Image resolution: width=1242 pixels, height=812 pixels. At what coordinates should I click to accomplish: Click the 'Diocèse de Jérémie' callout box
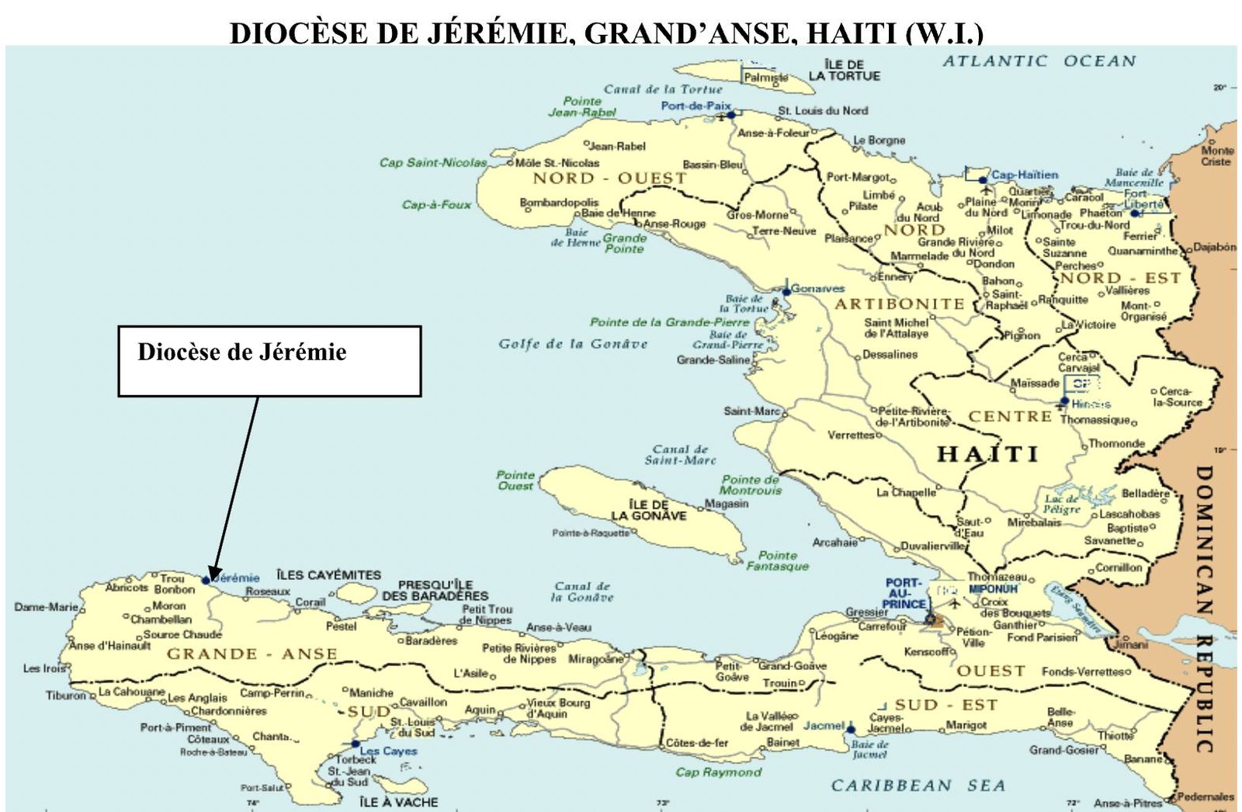click(x=269, y=361)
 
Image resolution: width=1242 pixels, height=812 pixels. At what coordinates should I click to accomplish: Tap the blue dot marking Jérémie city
click(x=206, y=580)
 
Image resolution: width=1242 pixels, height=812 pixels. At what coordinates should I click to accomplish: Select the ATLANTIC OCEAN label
click(x=1039, y=61)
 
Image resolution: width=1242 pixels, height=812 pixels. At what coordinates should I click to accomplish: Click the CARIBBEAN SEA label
click(x=918, y=786)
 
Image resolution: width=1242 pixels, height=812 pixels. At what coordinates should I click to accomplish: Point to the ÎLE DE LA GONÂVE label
click(x=648, y=510)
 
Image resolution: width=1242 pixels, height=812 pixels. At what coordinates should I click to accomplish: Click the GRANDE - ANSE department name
click(x=252, y=654)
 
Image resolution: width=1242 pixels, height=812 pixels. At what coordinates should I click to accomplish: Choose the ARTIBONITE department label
click(x=900, y=304)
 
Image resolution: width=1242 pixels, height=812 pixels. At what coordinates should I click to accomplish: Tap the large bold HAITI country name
click(x=987, y=454)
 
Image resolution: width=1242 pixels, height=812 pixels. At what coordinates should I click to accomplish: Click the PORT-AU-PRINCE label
click(x=905, y=593)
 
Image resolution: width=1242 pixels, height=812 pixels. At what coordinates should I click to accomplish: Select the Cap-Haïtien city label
click(x=1025, y=175)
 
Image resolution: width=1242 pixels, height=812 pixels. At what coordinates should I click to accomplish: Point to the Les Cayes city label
click(x=388, y=751)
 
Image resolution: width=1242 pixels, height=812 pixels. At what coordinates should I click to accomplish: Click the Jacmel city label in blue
click(x=823, y=726)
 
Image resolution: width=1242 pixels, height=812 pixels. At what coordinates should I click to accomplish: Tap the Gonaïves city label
click(x=817, y=289)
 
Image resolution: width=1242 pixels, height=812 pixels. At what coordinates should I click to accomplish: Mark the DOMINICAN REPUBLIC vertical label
click(x=1203, y=609)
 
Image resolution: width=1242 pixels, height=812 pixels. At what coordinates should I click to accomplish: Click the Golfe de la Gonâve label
click(x=573, y=344)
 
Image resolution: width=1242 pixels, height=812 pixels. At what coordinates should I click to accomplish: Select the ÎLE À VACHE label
click(x=399, y=802)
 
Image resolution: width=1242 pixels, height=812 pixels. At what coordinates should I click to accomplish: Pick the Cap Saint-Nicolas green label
click(x=433, y=162)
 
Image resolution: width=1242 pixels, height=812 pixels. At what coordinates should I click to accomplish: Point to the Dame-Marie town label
click(x=45, y=606)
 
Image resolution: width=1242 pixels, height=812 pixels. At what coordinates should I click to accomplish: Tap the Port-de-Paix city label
click(x=696, y=106)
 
